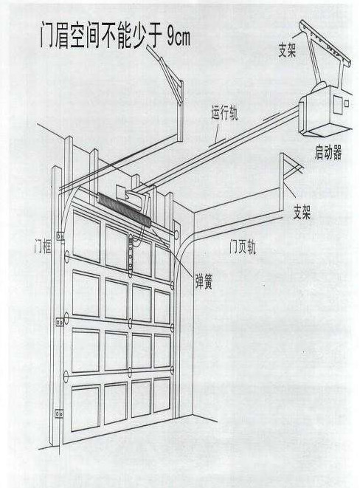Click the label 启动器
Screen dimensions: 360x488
(328, 153)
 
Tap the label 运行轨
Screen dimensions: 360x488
(224, 113)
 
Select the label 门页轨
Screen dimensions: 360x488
(243, 247)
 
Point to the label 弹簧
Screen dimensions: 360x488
(204, 282)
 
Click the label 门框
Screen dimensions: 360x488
(43, 247)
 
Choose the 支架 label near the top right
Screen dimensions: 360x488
(287, 50)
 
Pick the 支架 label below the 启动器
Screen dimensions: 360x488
(302, 213)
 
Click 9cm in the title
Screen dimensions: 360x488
(178, 38)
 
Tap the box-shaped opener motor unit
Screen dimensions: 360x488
(325, 111)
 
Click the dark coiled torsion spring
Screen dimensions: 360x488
(124, 210)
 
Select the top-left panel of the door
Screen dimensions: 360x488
(86, 237)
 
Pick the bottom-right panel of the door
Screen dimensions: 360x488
(162, 395)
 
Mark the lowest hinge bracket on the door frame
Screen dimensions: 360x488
(59, 414)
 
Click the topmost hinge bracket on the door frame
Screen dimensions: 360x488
(60, 237)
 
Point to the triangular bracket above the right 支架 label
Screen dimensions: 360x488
(291, 168)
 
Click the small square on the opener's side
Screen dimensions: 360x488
(347, 103)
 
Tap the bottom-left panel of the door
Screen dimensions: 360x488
(86, 408)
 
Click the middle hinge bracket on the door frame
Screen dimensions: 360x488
(59, 322)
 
